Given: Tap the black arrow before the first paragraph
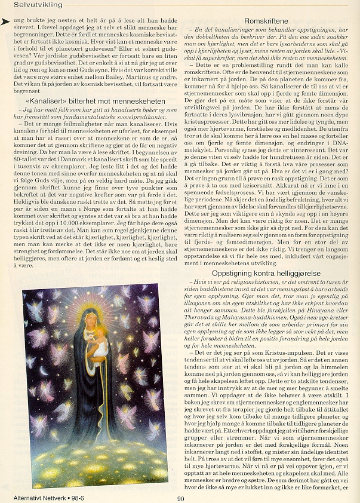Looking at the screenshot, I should coord(7,21).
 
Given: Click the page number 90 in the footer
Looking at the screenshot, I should coord(181,497).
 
